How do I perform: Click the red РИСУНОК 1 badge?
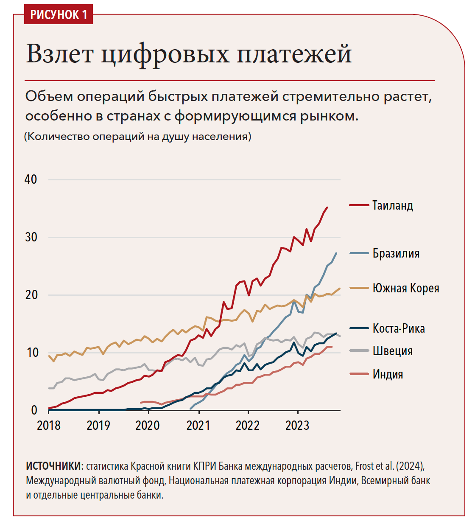pos(59,14)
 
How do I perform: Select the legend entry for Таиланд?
pos(392,205)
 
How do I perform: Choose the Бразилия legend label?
pos(396,253)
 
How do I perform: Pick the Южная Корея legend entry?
pos(405,288)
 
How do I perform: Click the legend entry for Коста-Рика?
pos(398,328)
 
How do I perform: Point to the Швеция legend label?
pos(392,351)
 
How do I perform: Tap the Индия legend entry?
pos(388,374)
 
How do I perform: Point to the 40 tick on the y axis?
pos(31,179)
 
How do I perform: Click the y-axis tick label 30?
pos(31,237)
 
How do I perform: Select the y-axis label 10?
pos(32,353)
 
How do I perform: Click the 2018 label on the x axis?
pos(49,426)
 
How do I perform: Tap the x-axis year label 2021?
pos(198,426)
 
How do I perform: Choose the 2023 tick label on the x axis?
pos(297,426)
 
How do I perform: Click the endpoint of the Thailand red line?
pos(327,207)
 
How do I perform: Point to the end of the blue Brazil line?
pos(336,253)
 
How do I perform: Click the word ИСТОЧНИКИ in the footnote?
pos(54,466)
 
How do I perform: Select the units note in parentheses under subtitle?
pos(138,137)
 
